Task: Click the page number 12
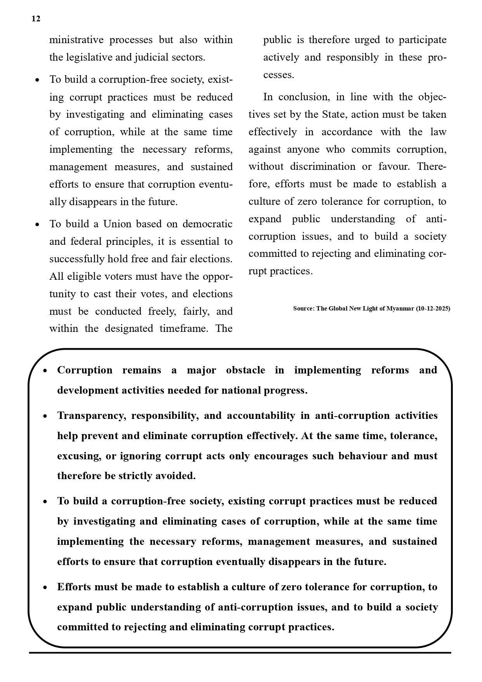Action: (36, 19)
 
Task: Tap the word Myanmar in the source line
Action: (400, 309)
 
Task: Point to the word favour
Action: (393, 167)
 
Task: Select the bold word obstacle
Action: (245, 370)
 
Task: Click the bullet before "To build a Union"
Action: (37, 225)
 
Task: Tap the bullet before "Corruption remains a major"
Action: (45, 371)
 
